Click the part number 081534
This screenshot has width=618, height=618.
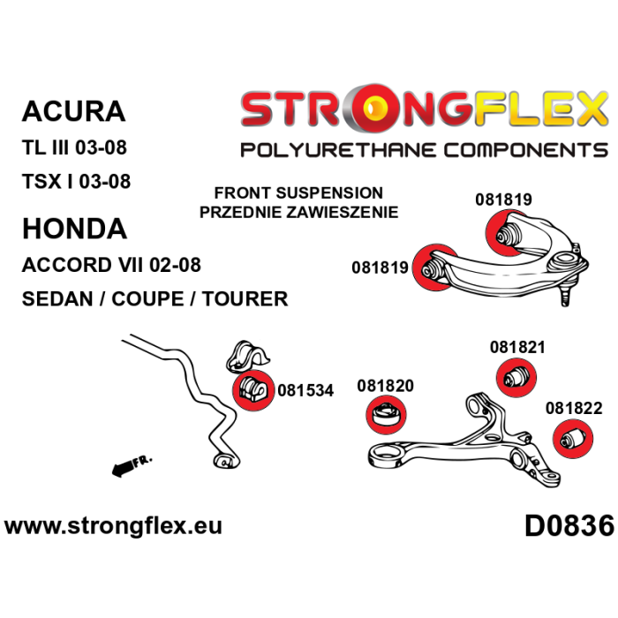[x=305, y=390]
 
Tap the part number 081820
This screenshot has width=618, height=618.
[x=385, y=386]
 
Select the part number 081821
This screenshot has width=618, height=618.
[x=517, y=347]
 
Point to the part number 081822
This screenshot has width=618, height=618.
[x=574, y=408]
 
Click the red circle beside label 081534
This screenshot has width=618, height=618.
[x=253, y=390]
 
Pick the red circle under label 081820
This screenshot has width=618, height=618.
[x=387, y=415]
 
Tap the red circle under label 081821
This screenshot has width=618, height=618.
[x=516, y=378]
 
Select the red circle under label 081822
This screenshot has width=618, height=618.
[x=573, y=439]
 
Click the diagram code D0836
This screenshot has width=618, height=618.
[x=569, y=526]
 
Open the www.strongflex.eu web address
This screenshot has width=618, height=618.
[x=114, y=526]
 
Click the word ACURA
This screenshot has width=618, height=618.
[x=73, y=111]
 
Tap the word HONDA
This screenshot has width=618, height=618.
[x=74, y=229]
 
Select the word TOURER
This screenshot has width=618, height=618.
[x=245, y=298]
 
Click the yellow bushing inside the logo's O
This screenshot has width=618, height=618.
[x=375, y=107]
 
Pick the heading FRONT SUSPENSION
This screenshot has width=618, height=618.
[x=298, y=193]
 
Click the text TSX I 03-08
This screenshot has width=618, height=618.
[x=76, y=182]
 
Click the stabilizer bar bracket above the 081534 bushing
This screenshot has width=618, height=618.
[x=247, y=356]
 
